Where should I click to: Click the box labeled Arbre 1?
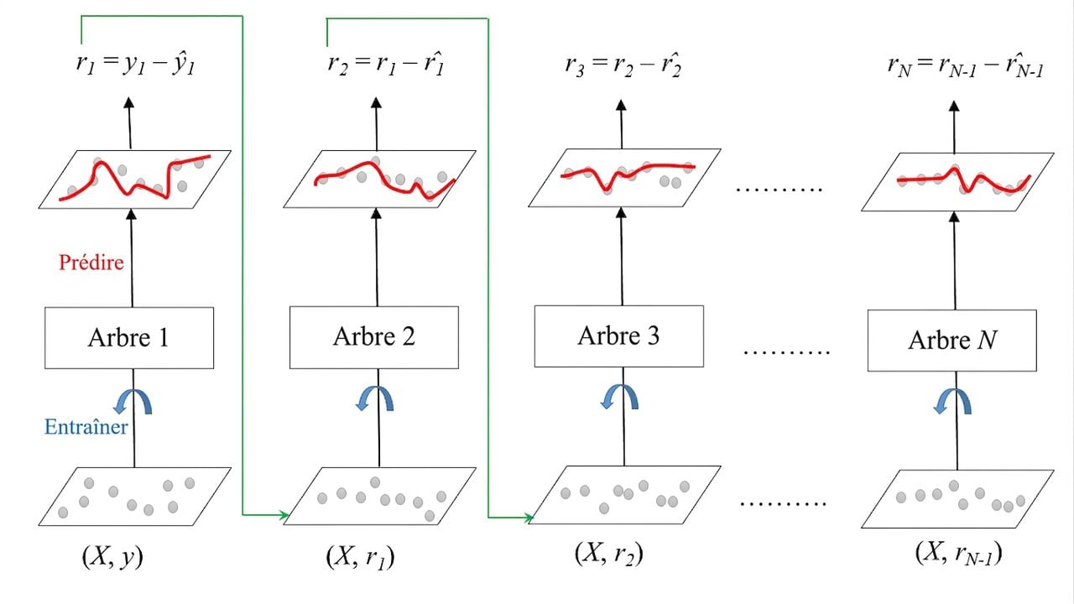tap(129, 338)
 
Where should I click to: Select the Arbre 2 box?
tap(374, 337)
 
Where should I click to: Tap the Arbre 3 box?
tap(619, 336)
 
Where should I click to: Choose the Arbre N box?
tap(952, 341)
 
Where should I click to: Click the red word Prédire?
tap(91, 263)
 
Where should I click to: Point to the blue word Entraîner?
tap(86, 427)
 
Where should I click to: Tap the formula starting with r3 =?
tap(623, 65)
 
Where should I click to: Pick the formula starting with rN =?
tap(965, 66)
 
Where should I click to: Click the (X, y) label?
tap(112, 557)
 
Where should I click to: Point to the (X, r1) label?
tap(361, 558)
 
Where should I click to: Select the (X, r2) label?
tap(609, 555)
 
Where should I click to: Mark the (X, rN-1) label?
tap(959, 555)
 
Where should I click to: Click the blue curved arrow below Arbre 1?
tap(133, 401)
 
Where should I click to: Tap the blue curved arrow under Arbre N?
tap(952, 401)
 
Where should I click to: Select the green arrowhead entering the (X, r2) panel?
tap(529, 518)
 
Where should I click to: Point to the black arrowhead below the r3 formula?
tap(621, 105)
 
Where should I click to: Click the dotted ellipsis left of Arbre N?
tap(786, 352)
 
